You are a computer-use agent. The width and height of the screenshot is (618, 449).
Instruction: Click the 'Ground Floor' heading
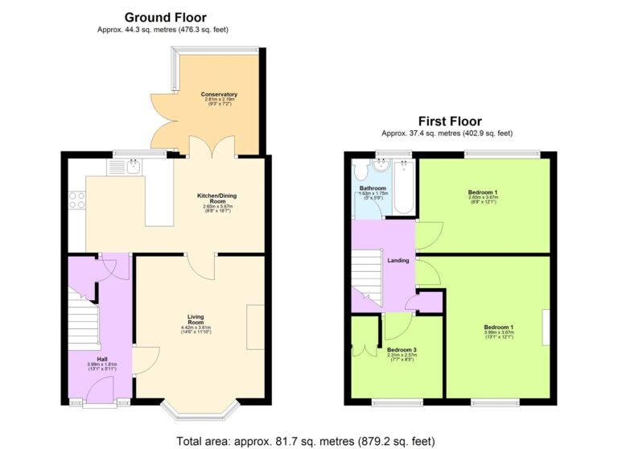click(x=164, y=17)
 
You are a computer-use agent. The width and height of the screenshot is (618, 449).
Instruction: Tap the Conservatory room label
click(x=219, y=95)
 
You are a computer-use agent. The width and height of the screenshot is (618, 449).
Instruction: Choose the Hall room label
click(x=102, y=359)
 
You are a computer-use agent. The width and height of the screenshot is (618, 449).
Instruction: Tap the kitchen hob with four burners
click(x=78, y=200)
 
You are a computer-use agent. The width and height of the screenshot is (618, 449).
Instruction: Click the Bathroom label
click(x=373, y=189)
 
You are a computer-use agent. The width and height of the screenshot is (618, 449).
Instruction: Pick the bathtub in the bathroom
click(x=404, y=187)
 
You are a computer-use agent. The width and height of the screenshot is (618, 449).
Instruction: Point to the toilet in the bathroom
click(x=361, y=171)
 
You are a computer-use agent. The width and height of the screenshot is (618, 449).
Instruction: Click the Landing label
click(x=398, y=260)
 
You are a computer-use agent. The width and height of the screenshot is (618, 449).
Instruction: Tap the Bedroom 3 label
click(x=402, y=350)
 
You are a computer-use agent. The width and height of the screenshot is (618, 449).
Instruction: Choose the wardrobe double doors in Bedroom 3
click(x=367, y=348)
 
